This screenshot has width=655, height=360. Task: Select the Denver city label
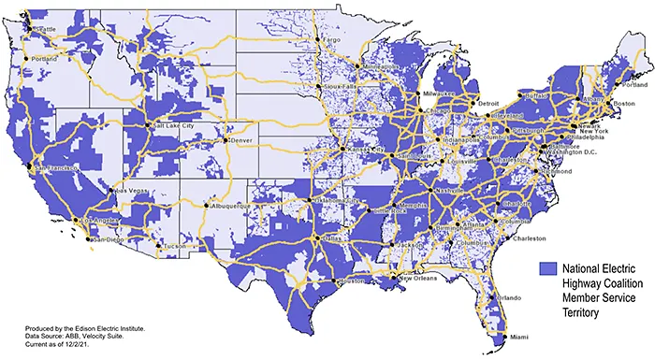(241, 140)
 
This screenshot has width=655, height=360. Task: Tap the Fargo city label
(331, 41)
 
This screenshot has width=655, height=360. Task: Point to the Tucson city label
(175, 247)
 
